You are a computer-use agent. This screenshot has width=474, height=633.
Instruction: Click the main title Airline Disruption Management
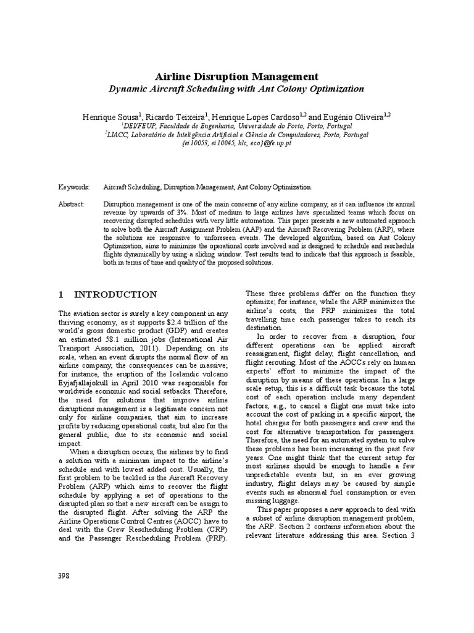click(x=236, y=77)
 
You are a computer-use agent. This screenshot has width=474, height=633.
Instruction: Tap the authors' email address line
click(x=236, y=142)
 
